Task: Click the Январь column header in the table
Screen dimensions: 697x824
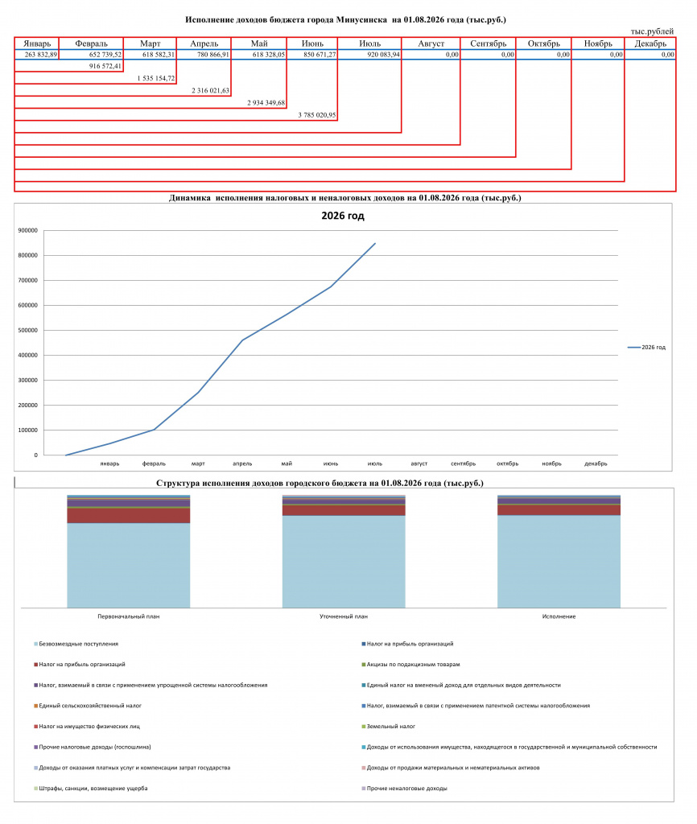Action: pos(37,43)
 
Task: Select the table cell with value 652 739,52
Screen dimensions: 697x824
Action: pos(105,55)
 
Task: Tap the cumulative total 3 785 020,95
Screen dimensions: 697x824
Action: pos(317,115)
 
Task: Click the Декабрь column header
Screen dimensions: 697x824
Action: pos(650,43)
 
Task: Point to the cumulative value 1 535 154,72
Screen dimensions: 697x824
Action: pos(156,78)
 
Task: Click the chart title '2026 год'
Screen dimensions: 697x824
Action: pos(343,216)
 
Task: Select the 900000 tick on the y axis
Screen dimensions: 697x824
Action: pos(28,230)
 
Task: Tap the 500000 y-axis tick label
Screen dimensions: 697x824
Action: pos(28,331)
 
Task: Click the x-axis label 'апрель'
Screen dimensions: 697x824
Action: pos(242,463)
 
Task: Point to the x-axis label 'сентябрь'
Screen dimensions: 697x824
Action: pos(463,463)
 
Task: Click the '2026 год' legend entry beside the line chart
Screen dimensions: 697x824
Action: pos(646,348)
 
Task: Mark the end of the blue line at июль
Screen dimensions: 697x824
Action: pos(375,243)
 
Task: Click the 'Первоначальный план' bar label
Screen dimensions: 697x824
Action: pos(129,616)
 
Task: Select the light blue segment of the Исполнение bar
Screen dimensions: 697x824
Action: pos(559,561)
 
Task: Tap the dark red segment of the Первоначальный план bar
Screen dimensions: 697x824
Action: pos(128,516)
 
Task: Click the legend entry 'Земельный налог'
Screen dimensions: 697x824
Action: pos(389,727)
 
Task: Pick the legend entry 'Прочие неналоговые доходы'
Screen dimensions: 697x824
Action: pos(404,789)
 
